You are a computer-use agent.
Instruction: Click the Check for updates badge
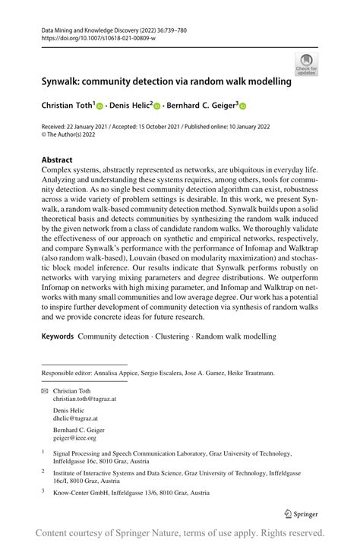307,65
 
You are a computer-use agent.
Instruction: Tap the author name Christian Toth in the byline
68,106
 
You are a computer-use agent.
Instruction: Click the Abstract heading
57,160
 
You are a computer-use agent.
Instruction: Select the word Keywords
58,336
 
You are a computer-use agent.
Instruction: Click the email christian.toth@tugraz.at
84,398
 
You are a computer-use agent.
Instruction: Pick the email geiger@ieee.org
74,437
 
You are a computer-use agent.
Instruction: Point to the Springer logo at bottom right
302,515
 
